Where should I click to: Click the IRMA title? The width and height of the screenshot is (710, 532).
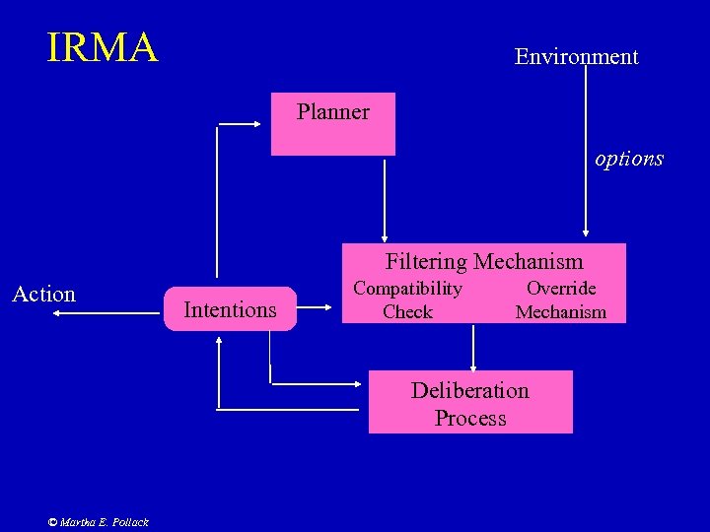click(103, 47)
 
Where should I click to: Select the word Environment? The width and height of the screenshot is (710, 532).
click(576, 57)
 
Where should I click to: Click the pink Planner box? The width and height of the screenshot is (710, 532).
click(333, 124)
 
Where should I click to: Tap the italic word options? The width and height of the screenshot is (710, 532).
click(629, 159)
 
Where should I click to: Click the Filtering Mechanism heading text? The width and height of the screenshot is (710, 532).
click(484, 261)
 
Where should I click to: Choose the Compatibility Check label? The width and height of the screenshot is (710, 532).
click(407, 299)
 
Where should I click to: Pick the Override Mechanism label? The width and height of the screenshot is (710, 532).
click(560, 299)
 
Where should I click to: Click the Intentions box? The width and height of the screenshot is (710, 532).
click(231, 309)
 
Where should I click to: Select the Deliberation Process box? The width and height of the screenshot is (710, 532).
click(470, 402)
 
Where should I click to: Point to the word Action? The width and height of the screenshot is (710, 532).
click(43, 294)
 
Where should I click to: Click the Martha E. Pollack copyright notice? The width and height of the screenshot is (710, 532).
click(99, 522)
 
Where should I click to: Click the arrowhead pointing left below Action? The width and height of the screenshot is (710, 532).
click(56, 313)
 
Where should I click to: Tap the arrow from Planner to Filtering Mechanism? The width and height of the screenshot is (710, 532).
click(385, 197)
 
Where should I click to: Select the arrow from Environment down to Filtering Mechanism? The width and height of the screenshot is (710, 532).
click(586, 148)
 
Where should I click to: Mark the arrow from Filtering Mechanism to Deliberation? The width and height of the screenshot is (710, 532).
click(473, 347)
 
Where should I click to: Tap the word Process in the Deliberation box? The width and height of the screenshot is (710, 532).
click(470, 418)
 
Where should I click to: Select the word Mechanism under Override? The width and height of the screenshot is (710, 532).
click(560, 312)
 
